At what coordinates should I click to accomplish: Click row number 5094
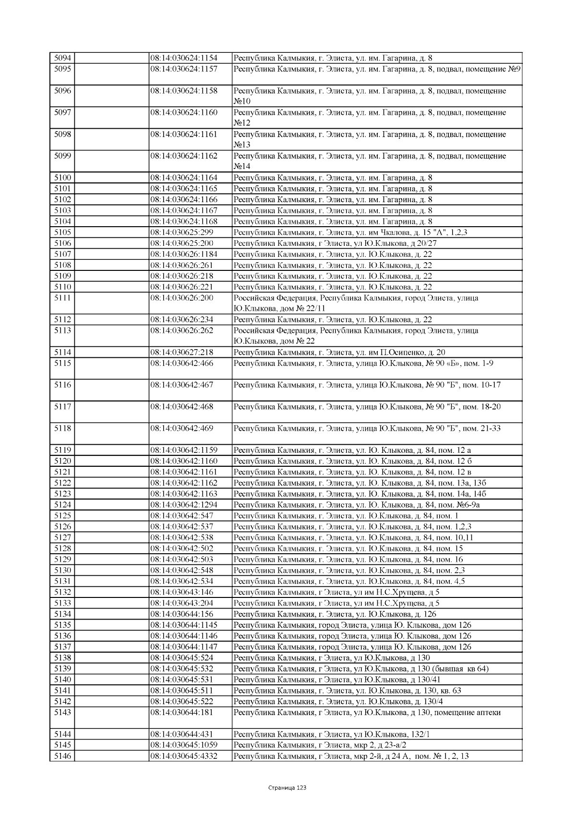coord(62,58)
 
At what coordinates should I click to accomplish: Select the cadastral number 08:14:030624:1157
coord(184,69)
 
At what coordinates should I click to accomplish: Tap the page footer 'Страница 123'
coord(287,788)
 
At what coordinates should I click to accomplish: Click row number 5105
coord(62,232)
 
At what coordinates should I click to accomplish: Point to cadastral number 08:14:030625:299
coord(182,232)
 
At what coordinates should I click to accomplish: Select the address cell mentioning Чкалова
coord(350,232)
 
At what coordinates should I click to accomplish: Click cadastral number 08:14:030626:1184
coord(184,254)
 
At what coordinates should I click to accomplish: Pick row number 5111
coord(62,298)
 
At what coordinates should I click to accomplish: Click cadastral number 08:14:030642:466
coord(182,364)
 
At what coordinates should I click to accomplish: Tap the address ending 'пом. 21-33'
coord(367,428)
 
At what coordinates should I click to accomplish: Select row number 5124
coord(62,505)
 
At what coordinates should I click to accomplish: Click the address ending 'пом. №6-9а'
coord(356,505)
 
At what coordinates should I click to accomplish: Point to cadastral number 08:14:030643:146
coord(182,592)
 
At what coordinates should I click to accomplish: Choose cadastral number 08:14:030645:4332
coord(184,756)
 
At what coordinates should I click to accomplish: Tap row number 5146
coord(62,756)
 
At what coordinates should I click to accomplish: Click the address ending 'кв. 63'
coord(347,691)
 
